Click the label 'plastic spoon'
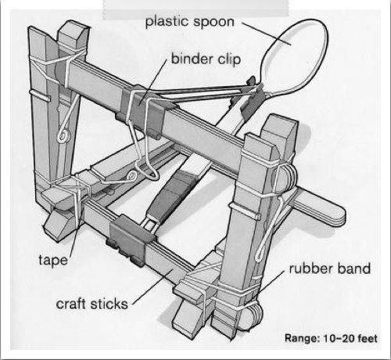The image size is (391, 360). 189,22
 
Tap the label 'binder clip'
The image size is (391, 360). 206,59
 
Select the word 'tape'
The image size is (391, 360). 53,260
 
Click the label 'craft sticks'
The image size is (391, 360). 92,304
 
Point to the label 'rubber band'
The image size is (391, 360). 330,268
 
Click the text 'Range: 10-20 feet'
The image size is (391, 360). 331,338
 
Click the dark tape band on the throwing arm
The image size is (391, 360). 172,193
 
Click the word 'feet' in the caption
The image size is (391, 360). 368,338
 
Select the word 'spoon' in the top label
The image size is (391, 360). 213,23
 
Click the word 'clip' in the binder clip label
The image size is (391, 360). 229,59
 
